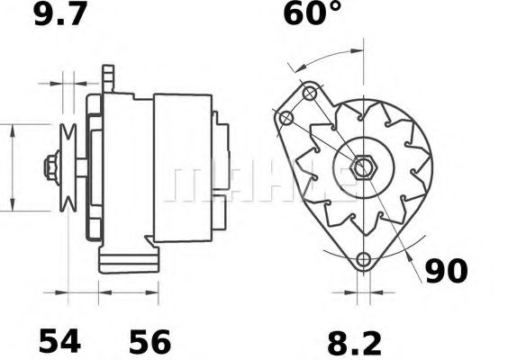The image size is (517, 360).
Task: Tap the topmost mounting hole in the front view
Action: point(309,92)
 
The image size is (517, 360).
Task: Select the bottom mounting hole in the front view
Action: point(364,261)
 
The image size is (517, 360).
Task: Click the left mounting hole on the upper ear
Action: point(287,118)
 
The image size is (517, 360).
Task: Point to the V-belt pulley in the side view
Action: point(68,167)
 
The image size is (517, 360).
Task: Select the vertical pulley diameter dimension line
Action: point(13,167)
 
